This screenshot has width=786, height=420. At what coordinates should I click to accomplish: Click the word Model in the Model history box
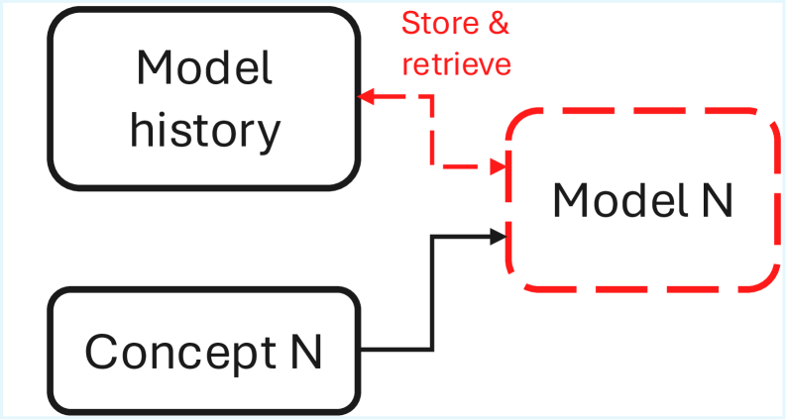coord(204,68)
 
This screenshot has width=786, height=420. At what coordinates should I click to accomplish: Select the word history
coord(204,130)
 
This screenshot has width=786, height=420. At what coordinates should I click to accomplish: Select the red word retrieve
coord(455,63)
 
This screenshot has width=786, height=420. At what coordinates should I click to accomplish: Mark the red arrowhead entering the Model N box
coord(500,164)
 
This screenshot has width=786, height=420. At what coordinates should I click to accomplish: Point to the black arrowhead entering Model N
coord(500,236)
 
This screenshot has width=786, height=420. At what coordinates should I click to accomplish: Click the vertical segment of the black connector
coord(432,292)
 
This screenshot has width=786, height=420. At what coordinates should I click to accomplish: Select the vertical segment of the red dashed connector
coord(432,131)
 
